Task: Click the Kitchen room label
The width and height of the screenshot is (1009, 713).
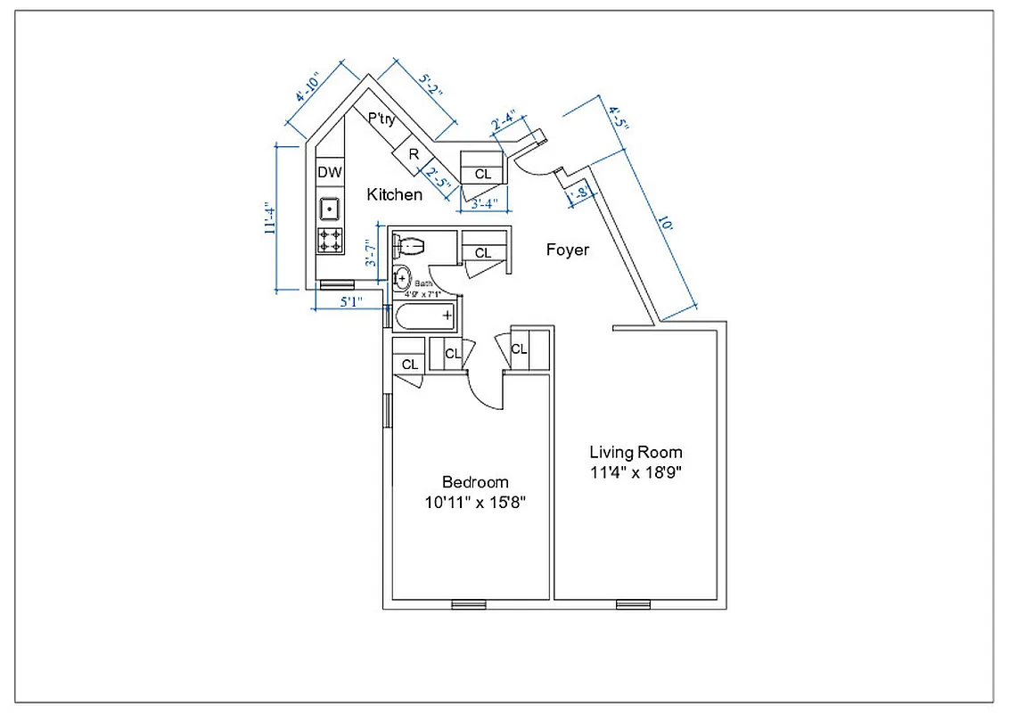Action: (x=394, y=194)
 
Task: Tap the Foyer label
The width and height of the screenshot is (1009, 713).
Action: (x=567, y=250)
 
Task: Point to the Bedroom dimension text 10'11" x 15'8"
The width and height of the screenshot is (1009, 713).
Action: (x=475, y=502)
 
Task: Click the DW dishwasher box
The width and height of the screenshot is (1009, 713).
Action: (x=330, y=172)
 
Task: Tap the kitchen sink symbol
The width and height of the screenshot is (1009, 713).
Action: (x=330, y=209)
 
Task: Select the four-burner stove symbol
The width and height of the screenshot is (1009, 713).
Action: (x=330, y=239)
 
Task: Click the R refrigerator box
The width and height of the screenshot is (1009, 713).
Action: (x=414, y=153)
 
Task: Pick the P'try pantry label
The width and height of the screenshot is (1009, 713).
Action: (x=381, y=119)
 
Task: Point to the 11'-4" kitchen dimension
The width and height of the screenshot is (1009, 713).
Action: (x=268, y=217)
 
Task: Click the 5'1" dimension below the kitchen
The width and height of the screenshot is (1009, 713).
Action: (x=350, y=302)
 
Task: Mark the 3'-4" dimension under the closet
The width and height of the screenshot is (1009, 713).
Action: (x=483, y=204)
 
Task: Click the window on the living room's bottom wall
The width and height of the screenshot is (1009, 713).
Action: (x=633, y=605)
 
